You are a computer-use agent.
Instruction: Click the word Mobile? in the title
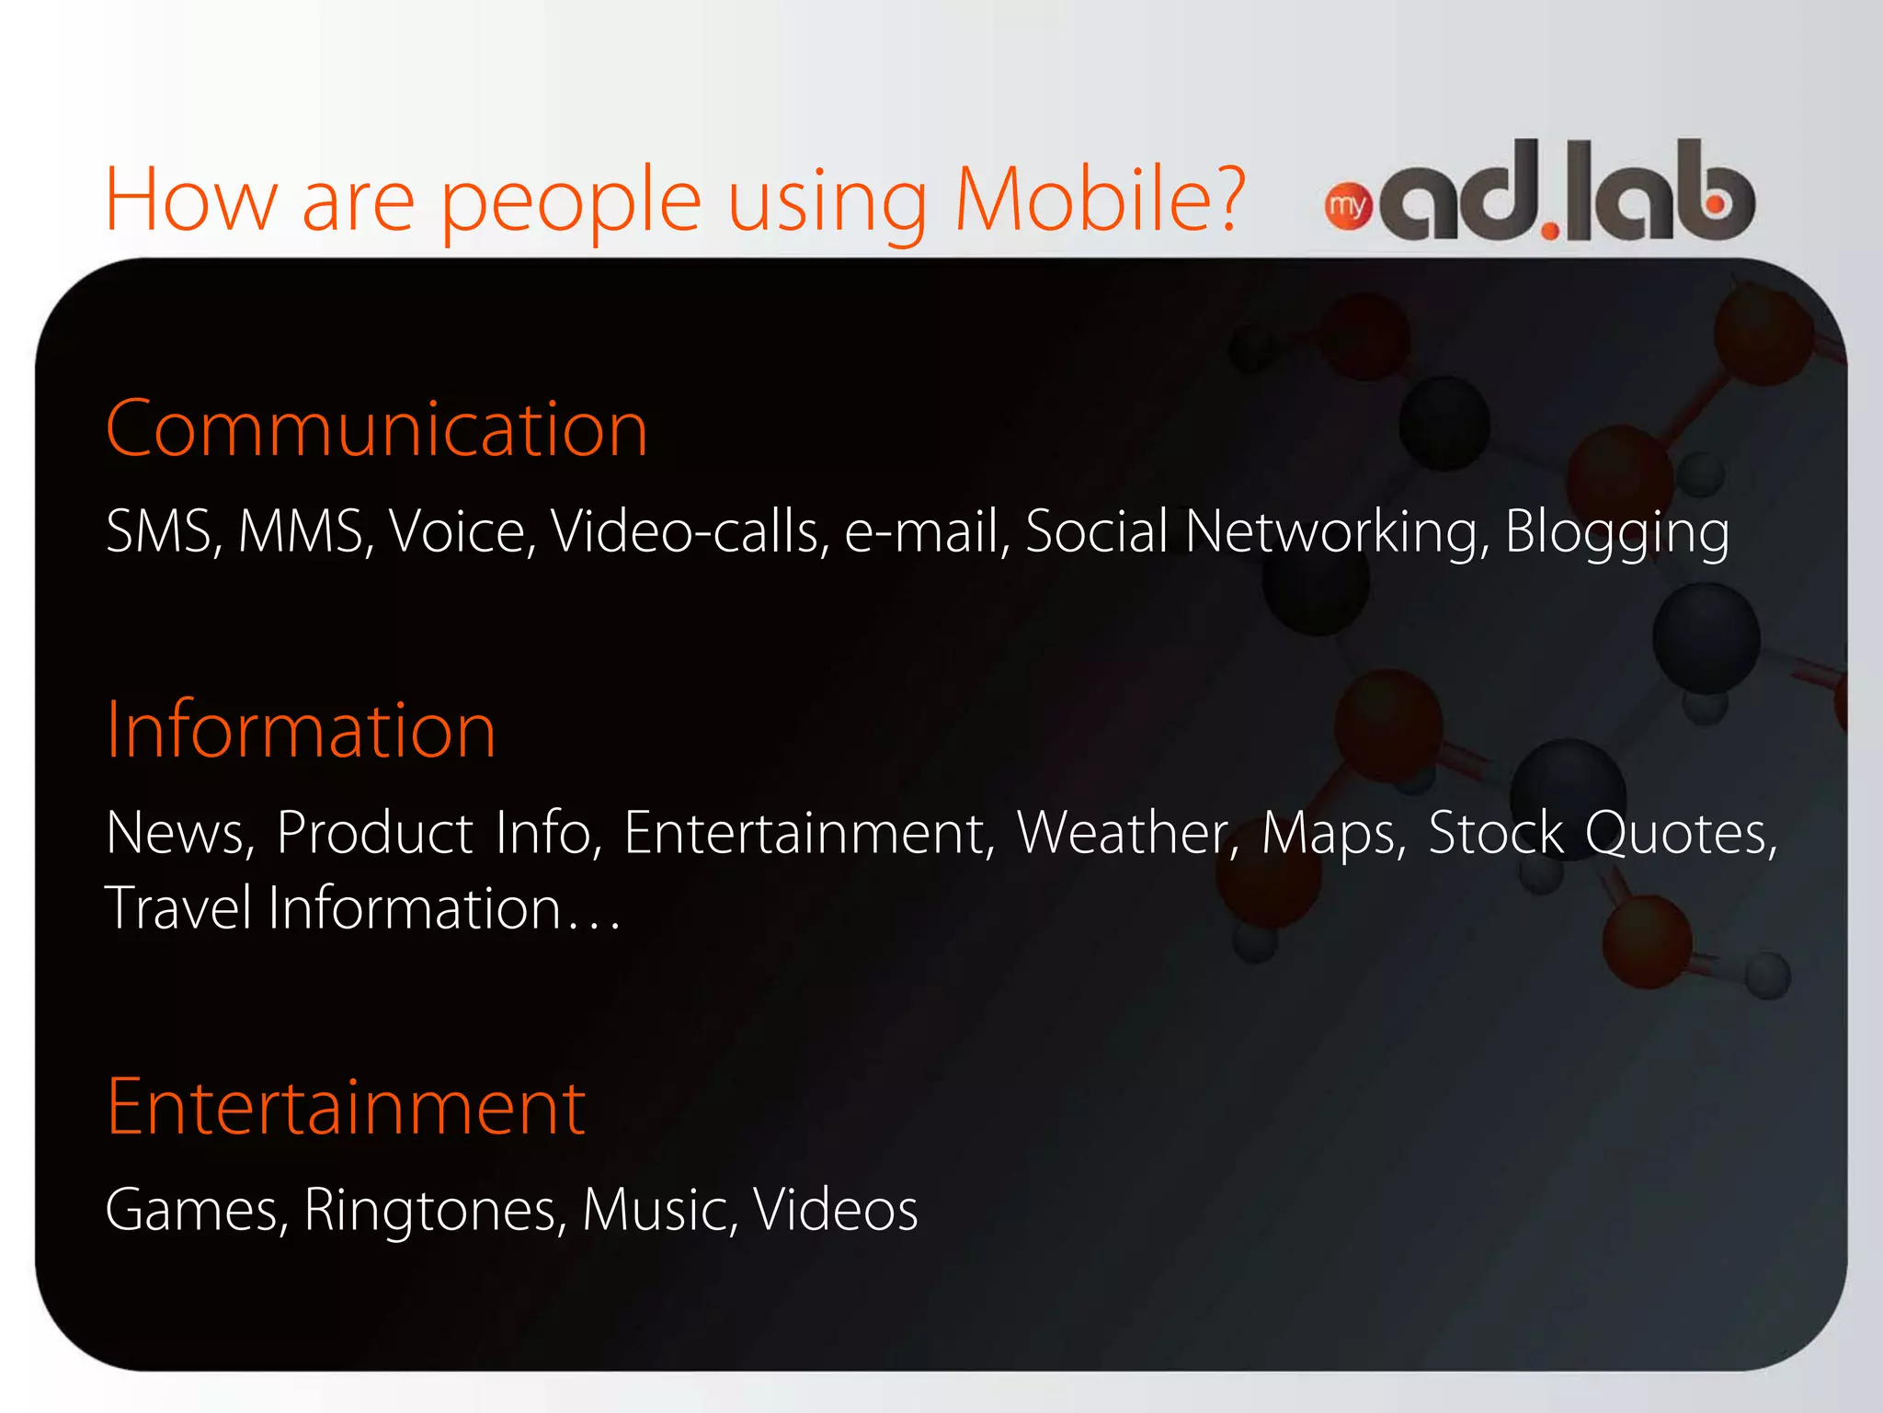pos(1100,199)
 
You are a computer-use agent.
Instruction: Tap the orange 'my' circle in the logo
pos(1348,206)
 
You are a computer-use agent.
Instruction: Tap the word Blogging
pos(1616,533)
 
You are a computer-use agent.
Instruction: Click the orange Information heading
pos(301,730)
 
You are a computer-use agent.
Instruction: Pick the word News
pos(177,833)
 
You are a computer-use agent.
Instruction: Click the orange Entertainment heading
pos(346,1107)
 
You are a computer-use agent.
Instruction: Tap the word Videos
pos(835,1210)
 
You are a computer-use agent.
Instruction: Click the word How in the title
pos(190,199)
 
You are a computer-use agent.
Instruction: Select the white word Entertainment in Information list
pos(807,833)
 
